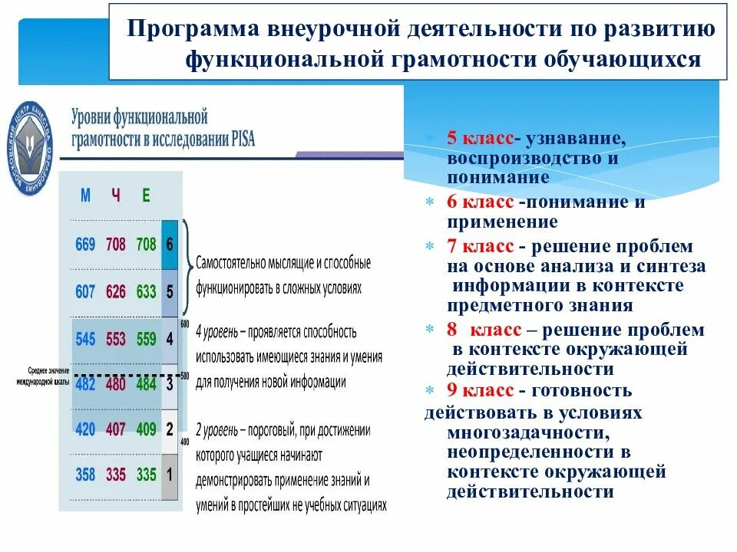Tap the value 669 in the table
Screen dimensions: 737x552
tap(85, 245)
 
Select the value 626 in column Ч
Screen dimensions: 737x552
tap(115, 292)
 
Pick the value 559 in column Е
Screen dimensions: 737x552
tap(146, 338)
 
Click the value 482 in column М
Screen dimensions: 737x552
tap(85, 383)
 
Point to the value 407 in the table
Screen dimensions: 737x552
tap(115, 429)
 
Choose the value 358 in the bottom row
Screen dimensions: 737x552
tap(85, 475)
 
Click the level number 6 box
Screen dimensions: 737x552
tap(170, 245)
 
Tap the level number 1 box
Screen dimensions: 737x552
tap(170, 475)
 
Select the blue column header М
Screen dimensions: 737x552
tap(85, 195)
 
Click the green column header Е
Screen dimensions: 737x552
tap(146, 195)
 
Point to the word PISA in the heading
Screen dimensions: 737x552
tap(240, 140)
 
